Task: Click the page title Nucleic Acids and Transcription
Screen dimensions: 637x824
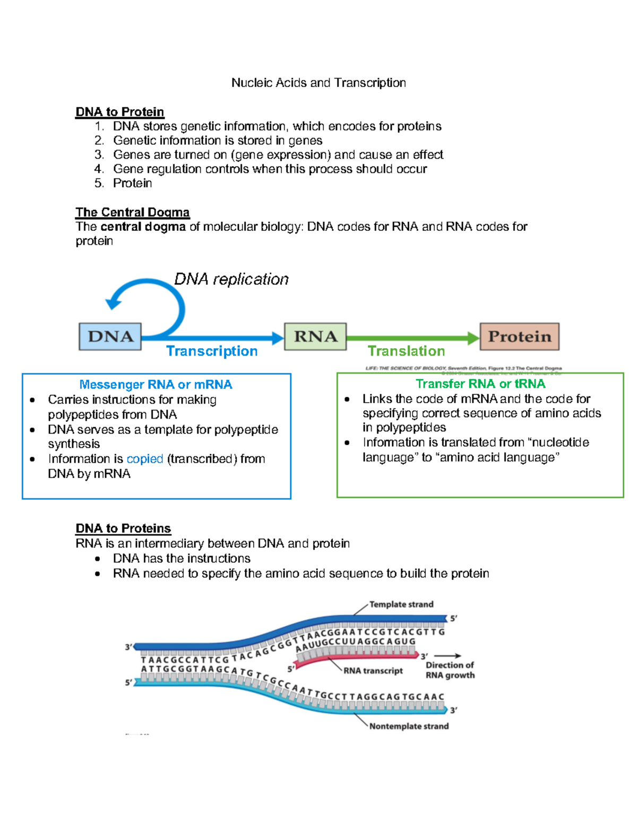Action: point(318,83)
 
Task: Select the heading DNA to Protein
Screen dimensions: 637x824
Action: point(120,112)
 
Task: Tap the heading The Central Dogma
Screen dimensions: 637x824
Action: point(132,212)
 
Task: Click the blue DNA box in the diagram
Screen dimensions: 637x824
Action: point(110,336)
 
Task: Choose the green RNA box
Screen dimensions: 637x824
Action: point(315,336)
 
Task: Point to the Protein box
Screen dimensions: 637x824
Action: point(519,336)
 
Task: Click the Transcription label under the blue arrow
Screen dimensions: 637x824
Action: point(212,351)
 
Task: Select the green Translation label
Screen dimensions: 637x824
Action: point(406,351)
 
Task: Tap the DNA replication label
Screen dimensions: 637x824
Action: point(231,279)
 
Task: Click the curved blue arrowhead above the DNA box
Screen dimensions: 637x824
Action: point(113,303)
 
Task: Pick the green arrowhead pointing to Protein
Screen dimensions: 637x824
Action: point(473,338)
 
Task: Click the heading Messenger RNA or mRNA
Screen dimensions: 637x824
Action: point(156,385)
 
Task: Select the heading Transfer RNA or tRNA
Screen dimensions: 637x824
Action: point(480,384)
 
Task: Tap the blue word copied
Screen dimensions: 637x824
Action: point(144,459)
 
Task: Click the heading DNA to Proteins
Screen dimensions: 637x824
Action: point(123,528)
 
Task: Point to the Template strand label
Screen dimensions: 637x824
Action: point(401,604)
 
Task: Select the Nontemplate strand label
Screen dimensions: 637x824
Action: point(409,726)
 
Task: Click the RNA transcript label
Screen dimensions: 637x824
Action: point(373,671)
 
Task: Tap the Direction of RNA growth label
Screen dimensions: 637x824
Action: point(450,670)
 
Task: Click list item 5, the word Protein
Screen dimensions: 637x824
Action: point(132,184)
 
